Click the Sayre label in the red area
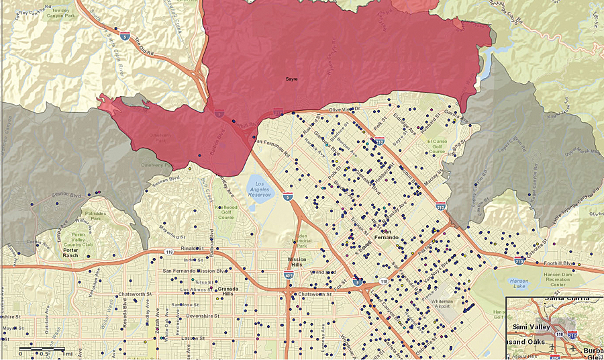click(291, 79)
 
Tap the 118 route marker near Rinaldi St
click(170, 252)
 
